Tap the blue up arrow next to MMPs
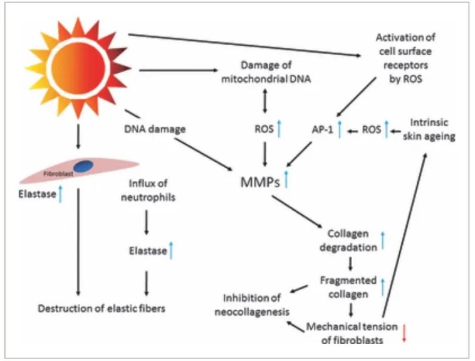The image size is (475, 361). [287, 180]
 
